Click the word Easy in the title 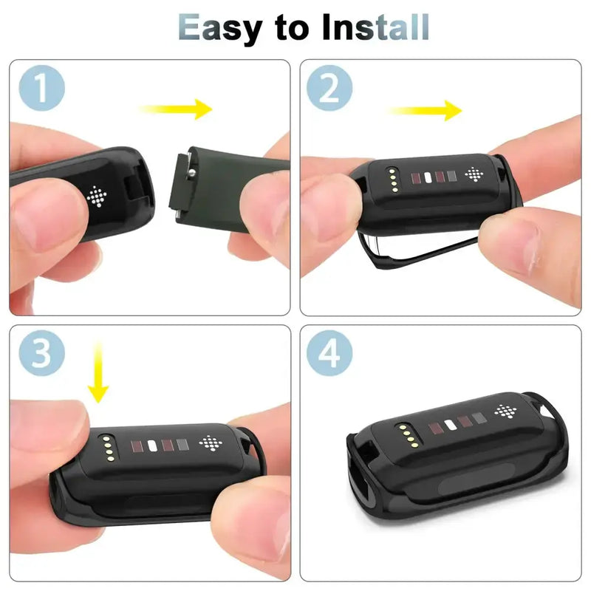(219, 28)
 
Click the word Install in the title (375, 27)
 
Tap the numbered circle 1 (42, 88)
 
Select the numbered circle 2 (329, 88)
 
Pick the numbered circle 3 (42, 353)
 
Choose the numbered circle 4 (329, 353)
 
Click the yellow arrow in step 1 (176, 109)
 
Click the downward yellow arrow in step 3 (98, 372)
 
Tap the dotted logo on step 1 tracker (97, 196)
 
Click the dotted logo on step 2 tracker (474, 174)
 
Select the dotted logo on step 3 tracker (210, 443)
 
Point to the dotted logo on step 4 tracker (505, 411)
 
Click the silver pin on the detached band (192, 173)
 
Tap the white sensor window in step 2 (428, 177)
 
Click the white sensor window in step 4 (451, 426)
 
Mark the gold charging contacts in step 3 (108, 449)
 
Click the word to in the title (291, 28)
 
